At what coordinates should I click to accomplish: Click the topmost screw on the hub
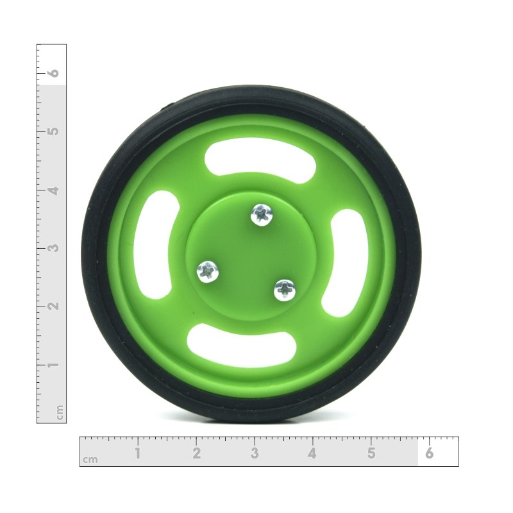[262, 215]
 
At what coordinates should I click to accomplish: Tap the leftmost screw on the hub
[207, 272]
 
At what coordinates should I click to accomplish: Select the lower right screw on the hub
[285, 290]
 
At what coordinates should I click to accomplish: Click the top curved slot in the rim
[260, 160]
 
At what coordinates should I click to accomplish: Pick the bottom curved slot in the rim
[242, 346]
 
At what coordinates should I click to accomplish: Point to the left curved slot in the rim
[156, 245]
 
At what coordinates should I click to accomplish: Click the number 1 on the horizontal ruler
[138, 453]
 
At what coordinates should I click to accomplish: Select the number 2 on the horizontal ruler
[196, 453]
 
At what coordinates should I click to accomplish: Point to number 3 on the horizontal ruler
[255, 453]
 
